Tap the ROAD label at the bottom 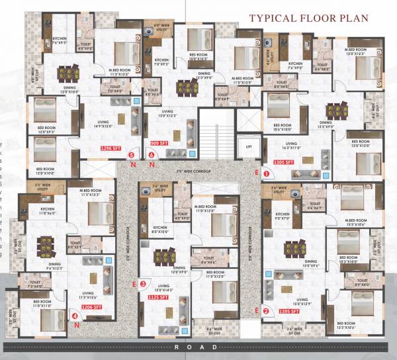click(x=199, y=347)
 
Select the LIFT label click(x=249, y=147)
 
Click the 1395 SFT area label click(x=285, y=310)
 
